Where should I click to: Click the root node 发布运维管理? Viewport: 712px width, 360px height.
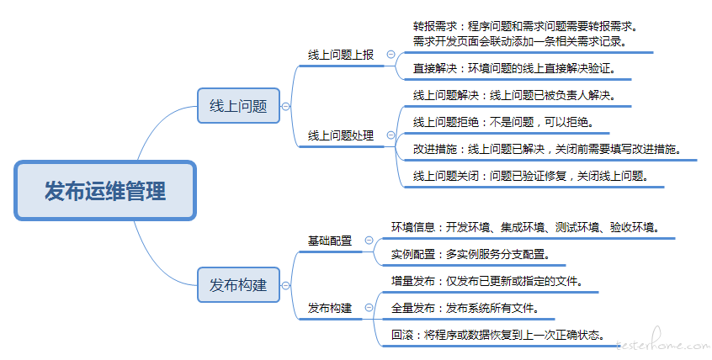point(105,191)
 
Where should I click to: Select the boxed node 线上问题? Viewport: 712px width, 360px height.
point(238,106)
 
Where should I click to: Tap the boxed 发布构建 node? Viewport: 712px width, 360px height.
point(238,285)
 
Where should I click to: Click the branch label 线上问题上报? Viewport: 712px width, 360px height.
point(341,55)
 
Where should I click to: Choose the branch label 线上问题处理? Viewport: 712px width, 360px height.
point(341,135)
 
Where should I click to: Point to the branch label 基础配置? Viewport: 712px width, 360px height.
point(330,241)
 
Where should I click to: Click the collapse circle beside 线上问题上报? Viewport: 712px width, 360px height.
point(391,55)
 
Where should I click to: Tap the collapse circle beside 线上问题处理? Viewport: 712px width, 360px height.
point(391,135)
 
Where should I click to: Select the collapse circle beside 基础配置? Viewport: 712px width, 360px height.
point(369,241)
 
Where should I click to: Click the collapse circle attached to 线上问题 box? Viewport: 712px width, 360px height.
point(285,106)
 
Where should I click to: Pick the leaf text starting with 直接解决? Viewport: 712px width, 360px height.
point(514,68)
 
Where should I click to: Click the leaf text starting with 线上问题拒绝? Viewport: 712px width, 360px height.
point(503,122)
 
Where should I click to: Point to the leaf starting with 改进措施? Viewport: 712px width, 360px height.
point(547,149)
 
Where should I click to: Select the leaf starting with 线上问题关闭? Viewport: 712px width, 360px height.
point(531,176)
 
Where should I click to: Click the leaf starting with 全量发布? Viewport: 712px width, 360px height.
point(465,308)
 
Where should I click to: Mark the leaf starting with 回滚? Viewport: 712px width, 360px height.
point(498,335)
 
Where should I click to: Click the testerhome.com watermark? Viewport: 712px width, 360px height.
point(663,341)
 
